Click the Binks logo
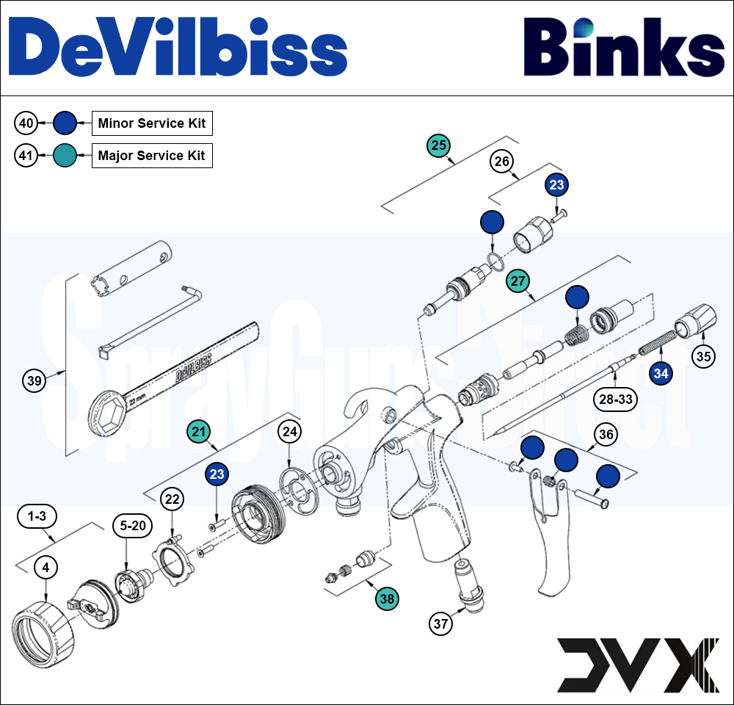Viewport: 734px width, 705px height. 623,48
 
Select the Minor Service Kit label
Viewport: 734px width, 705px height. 152,123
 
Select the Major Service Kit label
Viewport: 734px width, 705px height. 152,156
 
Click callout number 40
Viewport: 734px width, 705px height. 26,123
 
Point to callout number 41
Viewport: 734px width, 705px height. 26,156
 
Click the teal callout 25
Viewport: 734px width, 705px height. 439,145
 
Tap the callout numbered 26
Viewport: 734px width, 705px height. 502,162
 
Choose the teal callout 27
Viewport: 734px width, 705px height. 518,281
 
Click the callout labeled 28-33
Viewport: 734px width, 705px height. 614,399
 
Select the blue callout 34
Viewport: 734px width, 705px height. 661,373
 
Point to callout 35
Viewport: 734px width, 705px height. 704,357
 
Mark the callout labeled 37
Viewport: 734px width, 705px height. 440,623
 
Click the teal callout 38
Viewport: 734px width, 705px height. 387,599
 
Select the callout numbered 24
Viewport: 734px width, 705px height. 290,432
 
